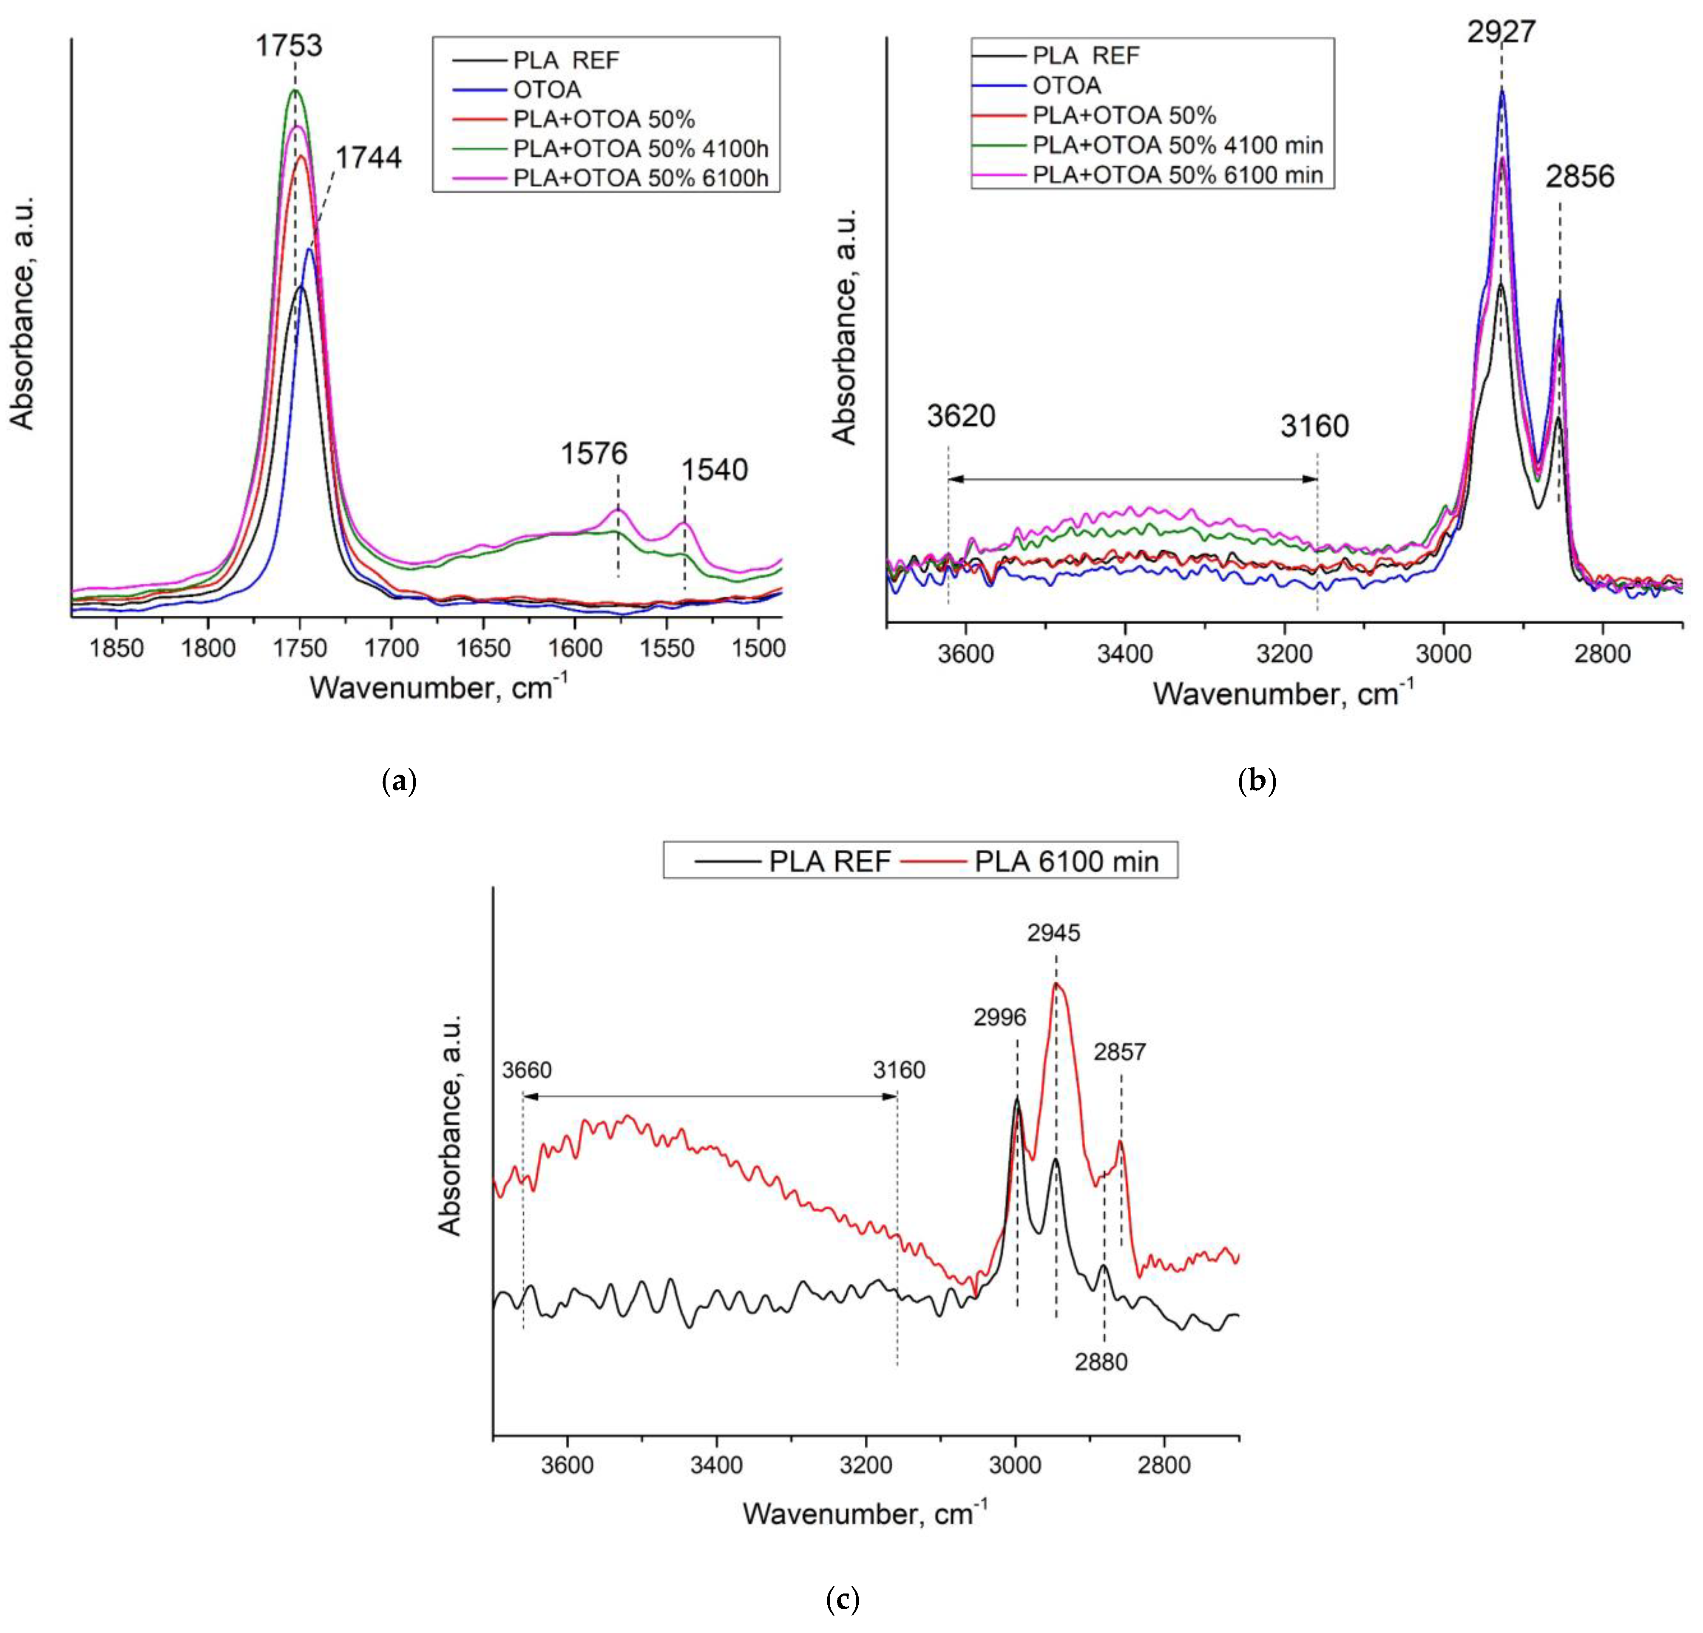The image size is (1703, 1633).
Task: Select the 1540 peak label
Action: click(x=714, y=470)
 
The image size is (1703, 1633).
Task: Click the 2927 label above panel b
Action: click(x=1501, y=32)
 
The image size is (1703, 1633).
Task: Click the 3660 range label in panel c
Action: click(x=528, y=1070)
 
